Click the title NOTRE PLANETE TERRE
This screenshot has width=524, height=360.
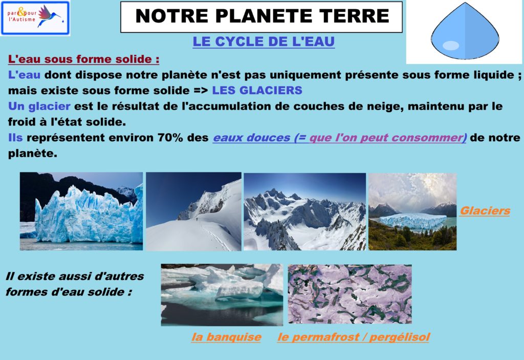click(x=263, y=16)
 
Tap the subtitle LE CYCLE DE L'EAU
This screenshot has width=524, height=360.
click(x=264, y=41)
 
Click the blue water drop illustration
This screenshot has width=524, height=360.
click(x=465, y=31)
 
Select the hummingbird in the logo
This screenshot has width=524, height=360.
click(x=50, y=15)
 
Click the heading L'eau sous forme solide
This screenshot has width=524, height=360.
click(x=83, y=59)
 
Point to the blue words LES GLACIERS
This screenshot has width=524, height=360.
click(x=257, y=90)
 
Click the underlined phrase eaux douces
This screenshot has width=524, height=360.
click(x=252, y=138)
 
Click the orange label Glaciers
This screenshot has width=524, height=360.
click(x=485, y=211)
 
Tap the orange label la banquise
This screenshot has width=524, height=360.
click(x=227, y=337)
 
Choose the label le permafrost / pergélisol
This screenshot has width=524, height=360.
click(x=354, y=337)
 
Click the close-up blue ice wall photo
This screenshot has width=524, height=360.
click(x=81, y=211)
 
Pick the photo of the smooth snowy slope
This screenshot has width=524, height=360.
click(x=193, y=211)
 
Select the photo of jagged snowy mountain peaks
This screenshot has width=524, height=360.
click(x=305, y=211)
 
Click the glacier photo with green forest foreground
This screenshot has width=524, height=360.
click(x=412, y=211)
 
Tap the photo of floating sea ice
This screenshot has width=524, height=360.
click(x=222, y=295)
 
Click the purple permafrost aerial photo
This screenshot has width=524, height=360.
click(x=350, y=294)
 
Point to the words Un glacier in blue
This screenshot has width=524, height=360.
click(x=39, y=107)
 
